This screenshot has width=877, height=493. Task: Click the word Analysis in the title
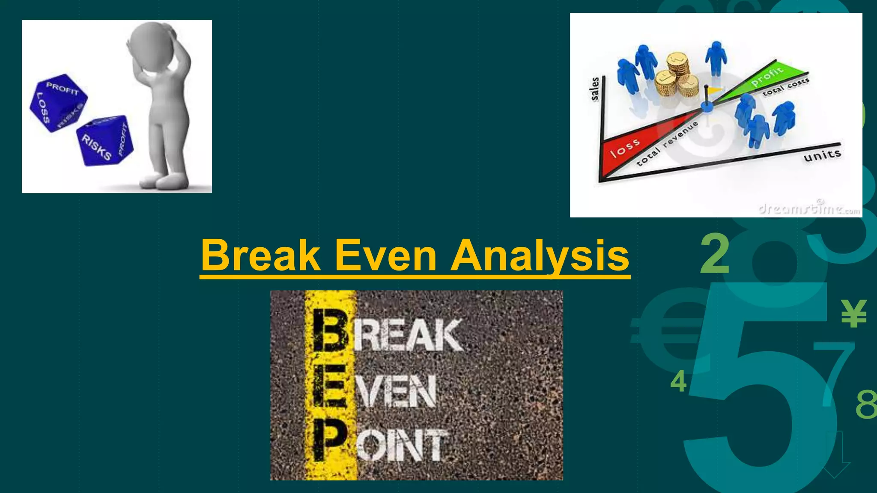click(540, 255)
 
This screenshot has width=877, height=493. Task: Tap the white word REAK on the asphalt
click(408, 336)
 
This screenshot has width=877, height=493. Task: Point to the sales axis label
click(595, 89)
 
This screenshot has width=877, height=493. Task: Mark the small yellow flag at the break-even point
click(713, 90)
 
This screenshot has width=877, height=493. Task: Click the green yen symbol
click(854, 313)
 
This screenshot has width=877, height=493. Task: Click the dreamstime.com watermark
click(808, 208)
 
